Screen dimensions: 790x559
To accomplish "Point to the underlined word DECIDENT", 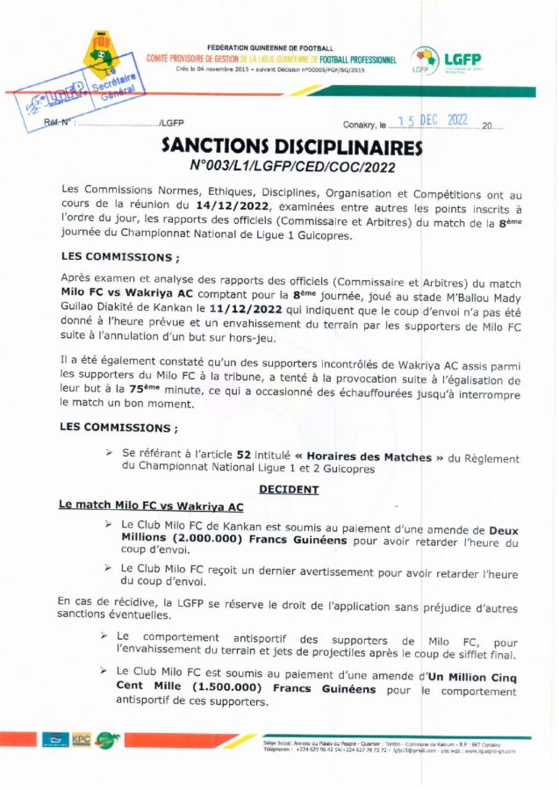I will pos(289,489).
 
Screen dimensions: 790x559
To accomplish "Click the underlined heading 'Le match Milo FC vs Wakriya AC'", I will pos(151,506).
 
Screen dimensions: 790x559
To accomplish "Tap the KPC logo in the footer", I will pos(82,738).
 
